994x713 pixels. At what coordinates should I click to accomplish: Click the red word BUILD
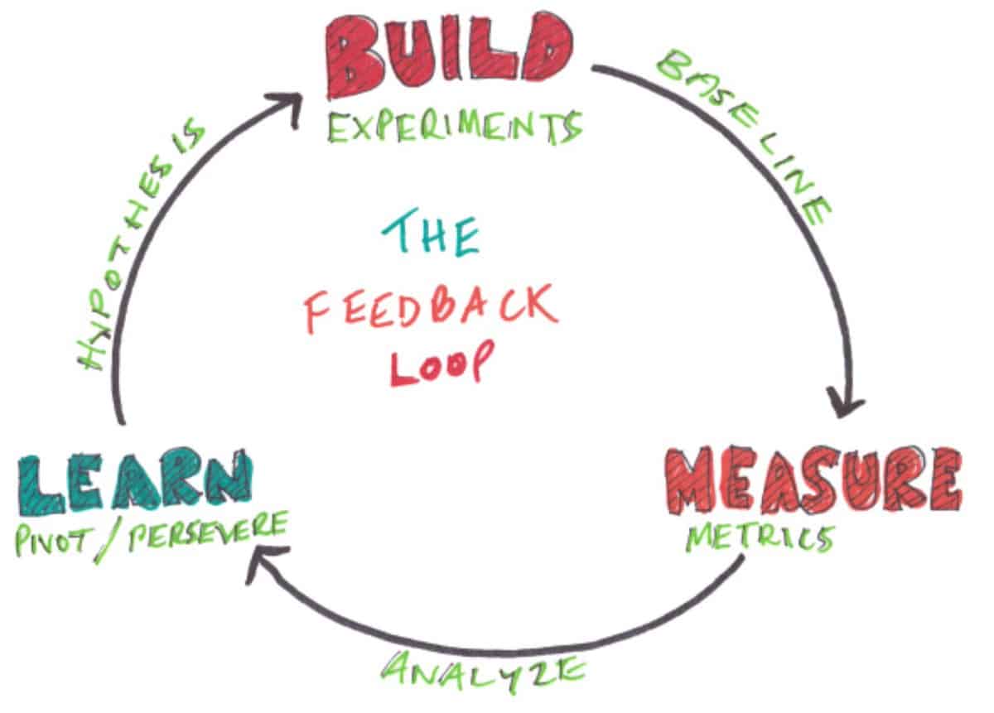pyautogui.click(x=448, y=55)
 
